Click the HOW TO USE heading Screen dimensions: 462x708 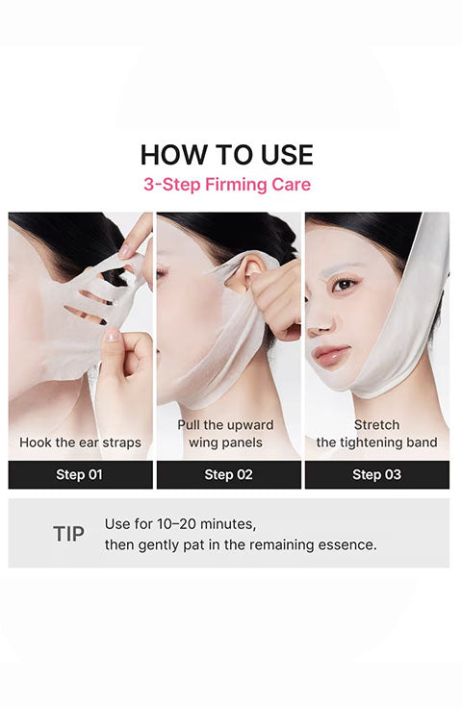227,155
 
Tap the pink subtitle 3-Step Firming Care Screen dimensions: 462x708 227,185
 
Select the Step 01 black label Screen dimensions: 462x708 81,474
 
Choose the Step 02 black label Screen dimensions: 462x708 228,474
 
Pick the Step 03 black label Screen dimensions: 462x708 377,474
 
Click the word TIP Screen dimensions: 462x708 68,534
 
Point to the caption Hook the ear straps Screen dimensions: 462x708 81,442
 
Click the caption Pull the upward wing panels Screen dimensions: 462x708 225,434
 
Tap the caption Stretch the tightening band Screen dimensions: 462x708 376,434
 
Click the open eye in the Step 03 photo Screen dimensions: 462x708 345,285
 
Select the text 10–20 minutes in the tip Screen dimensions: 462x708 206,524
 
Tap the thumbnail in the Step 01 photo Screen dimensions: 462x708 111,335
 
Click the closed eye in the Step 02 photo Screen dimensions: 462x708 161,273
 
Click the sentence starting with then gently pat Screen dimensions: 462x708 241,544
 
